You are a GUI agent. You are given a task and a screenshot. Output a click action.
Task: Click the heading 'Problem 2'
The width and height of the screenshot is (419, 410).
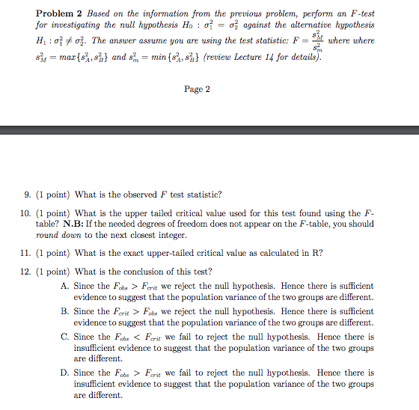61,13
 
